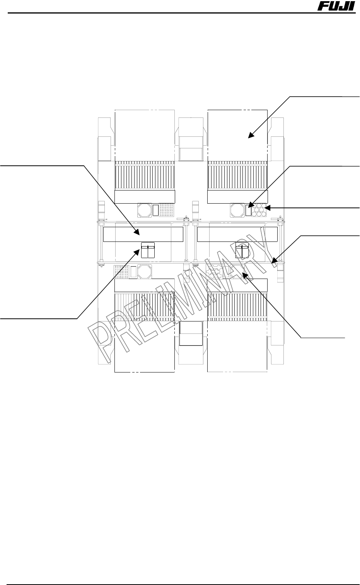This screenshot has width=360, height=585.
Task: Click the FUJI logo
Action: click(336, 7)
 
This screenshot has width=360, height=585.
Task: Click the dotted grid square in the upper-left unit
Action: click(167, 210)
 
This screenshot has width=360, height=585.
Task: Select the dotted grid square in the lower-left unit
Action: click(121, 272)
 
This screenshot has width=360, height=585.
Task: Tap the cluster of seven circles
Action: click(259, 210)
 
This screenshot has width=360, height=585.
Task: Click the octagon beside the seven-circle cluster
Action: click(237, 210)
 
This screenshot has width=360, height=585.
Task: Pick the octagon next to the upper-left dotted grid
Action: click(144, 210)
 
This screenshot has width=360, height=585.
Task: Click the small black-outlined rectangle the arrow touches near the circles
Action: click(248, 210)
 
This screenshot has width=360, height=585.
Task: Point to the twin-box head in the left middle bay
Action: click(147, 250)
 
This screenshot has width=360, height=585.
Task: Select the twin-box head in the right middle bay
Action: click(242, 250)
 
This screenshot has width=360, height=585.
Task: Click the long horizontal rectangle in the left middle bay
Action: click(143, 234)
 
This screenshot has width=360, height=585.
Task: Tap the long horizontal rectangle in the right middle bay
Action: click(237, 234)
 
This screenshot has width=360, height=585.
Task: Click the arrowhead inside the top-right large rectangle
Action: click(250, 135)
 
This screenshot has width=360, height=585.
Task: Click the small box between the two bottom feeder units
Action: click(191, 333)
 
